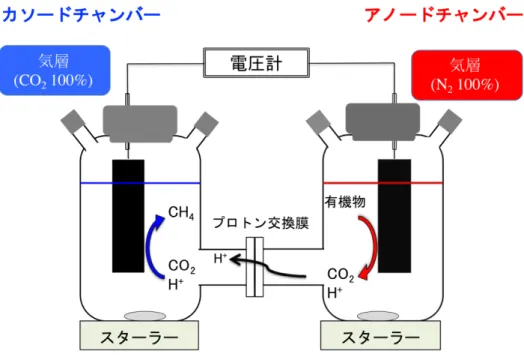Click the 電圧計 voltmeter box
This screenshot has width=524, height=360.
(x=256, y=63)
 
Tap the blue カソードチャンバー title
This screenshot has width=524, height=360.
(x=81, y=15)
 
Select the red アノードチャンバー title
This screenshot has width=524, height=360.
(x=443, y=15)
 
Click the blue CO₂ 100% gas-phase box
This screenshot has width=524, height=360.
(x=55, y=71)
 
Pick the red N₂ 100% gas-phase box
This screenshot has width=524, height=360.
(x=467, y=75)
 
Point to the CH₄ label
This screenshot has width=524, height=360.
(x=181, y=212)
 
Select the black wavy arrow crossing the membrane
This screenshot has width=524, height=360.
(x=267, y=266)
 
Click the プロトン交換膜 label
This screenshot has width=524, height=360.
(x=261, y=223)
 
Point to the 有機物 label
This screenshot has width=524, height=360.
(x=345, y=202)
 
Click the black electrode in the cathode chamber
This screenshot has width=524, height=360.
(x=128, y=216)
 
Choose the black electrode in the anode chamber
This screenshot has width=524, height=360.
(x=394, y=216)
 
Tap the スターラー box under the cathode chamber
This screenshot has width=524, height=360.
(x=139, y=335)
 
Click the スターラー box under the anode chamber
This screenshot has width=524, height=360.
(x=380, y=335)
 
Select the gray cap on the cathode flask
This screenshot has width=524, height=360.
(x=140, y=124)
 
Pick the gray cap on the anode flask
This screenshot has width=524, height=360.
(x=383, y=122)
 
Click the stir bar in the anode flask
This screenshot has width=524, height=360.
(x=378, y=316)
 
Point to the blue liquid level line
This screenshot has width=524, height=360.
(x=140, y=183)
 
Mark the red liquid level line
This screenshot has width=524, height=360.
(x=383, y=183)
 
